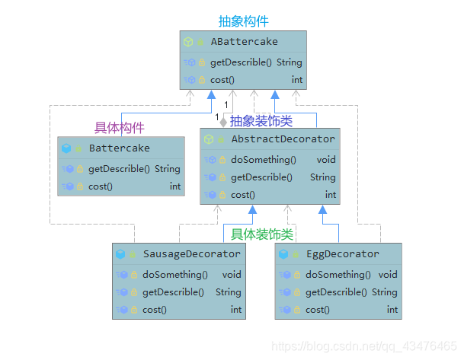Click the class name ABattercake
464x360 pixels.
pos(244,42)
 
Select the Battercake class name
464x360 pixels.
pos(119,148)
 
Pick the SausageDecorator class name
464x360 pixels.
pos(192,253)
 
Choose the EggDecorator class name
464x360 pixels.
pos(342,253)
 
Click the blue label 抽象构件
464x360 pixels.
pos(243,21)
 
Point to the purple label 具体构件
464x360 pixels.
pos(119,127)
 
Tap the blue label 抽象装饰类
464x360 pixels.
pos(261,120)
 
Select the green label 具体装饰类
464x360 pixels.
pos(262,234)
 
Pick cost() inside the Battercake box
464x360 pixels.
pos(101,186)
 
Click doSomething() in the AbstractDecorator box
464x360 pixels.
pos(263,160)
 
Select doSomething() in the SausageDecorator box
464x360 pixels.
pos(174,274)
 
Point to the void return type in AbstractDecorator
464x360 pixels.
pos(326,160)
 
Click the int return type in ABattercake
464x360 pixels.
pos(296,80)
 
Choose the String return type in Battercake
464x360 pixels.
pos(167,168)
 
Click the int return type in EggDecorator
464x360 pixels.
pos(392,310)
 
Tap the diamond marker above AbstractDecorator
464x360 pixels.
pos(223,121)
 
